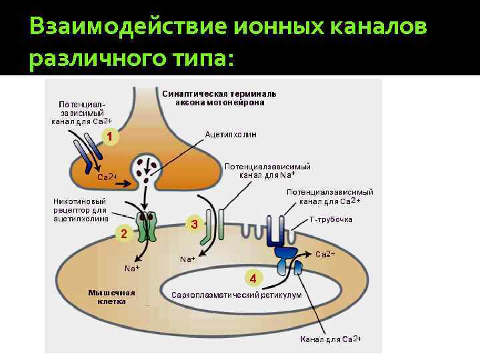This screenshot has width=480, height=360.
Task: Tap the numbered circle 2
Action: (x=123, y=233)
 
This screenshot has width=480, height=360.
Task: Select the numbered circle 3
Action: (x=194, y=225)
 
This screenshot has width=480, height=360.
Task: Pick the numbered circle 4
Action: (x=253, y=277)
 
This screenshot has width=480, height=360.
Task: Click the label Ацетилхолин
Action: (x=231, y=135)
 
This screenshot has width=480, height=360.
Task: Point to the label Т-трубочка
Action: (x=331, y=219)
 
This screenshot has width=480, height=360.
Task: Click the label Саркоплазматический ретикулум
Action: (x=237, y=295)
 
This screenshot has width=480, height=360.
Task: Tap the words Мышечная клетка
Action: (x=111, y=297)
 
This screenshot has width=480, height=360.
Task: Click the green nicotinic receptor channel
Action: (x=146, y=225)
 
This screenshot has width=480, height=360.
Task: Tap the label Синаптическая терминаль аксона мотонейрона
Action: (x=219, y=98)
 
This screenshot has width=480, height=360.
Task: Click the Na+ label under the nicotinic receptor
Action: (x=132, y=268)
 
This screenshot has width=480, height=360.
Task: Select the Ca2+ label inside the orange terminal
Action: (x=107, y=177)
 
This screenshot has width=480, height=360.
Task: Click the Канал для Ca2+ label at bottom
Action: (x=331, y=340)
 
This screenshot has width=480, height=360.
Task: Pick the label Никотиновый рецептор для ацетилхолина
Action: (x=80, y=210)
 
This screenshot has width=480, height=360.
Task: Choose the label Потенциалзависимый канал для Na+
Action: (x=267, y=171)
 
